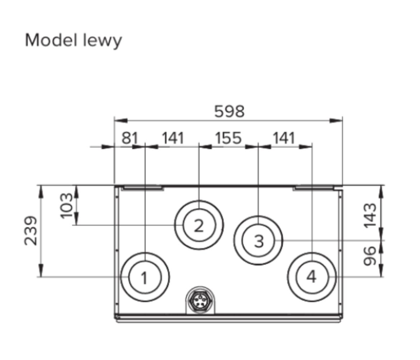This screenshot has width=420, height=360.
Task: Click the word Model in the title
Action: point(50,40)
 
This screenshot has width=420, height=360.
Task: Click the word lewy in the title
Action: point(102,41)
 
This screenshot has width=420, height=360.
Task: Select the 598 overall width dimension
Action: point(230,111)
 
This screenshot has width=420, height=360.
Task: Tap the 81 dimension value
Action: point(130,138)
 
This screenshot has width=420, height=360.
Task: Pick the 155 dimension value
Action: point(229,138)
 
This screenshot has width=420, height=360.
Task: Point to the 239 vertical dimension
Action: point(30,231)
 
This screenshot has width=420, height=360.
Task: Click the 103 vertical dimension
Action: point(66,206)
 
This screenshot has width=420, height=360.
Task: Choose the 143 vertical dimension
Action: point(370,215)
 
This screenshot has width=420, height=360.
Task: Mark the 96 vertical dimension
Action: point(370,256)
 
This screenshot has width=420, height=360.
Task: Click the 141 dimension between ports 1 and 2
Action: point(173,138)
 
